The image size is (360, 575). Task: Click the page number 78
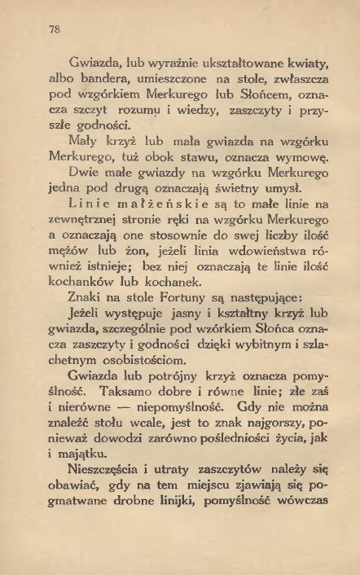tap(55, 30)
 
